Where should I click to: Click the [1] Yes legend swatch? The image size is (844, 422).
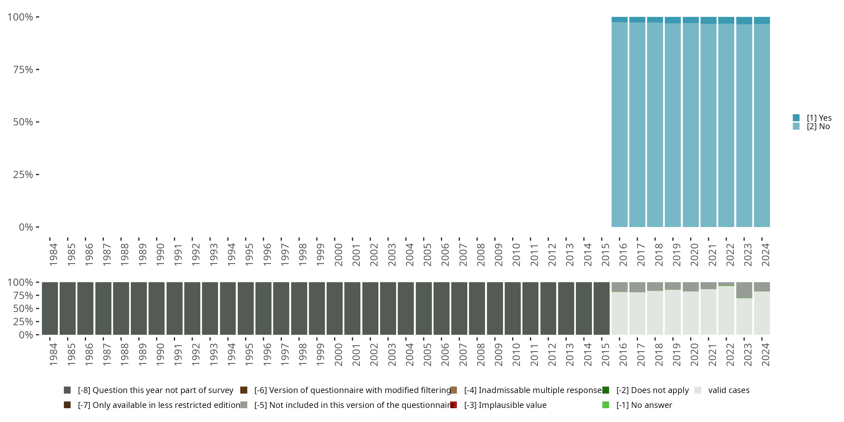tap(796, 118)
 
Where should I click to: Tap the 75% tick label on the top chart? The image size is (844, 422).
tap(23, 69)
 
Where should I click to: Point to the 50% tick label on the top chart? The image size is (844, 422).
tap(23, 122)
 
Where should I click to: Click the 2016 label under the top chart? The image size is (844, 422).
tap(623, 255)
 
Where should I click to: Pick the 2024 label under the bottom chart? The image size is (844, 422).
tap(765, 354)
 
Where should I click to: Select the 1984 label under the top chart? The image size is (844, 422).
tap(53, 255)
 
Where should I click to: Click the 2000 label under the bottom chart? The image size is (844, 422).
tap(338, 354)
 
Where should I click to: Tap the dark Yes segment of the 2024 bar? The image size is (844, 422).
tap(762, 20)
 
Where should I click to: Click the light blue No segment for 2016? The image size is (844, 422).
tap(619, 125)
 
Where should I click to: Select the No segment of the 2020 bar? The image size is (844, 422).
tap(691, 125)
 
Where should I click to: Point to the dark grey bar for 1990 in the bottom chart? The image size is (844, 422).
tap(157, 308)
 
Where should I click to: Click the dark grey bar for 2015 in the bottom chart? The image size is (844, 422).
tap(601, 308)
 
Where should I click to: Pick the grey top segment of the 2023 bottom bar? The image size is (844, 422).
tap(744, 290)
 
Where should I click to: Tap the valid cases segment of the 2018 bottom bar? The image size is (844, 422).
tap(655, 313)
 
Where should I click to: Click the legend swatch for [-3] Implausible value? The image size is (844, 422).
tap(454, 405)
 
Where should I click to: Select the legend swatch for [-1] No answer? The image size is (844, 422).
tap(605, 405)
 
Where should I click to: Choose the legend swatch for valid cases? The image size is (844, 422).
tap(698, 390)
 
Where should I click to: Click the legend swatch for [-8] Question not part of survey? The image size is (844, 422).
tap(67, 390)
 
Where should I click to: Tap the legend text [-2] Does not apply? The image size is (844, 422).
tap(652, 390)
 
